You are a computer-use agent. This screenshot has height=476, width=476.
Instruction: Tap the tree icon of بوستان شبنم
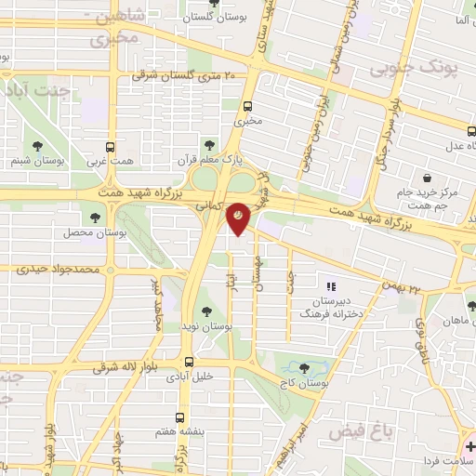(x=37, y=146)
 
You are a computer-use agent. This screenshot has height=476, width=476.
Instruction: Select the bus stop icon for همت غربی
(x=111, y=147)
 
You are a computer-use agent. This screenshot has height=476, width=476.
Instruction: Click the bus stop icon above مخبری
(x=247, y=106)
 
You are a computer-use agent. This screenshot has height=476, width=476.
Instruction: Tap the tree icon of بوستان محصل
(x=96, y=218)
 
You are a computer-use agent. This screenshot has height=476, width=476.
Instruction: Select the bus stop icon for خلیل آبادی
(x=189, y=363)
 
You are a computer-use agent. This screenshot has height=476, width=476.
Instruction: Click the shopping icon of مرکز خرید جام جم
(x=427, y=178)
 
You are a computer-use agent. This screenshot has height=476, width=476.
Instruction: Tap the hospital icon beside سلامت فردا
(x=469, y=447)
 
